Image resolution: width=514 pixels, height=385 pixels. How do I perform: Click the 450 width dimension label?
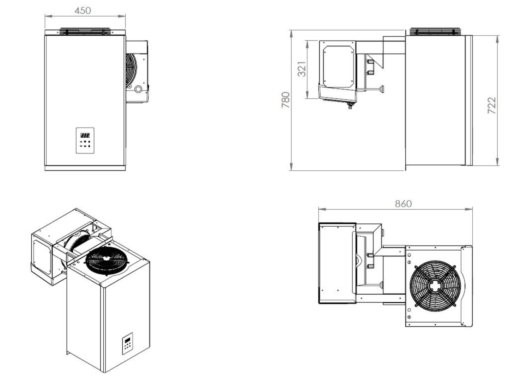(83, 11)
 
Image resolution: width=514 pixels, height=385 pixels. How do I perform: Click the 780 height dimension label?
(286, 100)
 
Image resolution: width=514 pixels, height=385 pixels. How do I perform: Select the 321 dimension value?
(302, 69)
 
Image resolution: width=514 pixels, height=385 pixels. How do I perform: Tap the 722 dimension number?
(492, 105)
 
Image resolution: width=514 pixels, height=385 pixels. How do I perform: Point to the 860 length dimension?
(403, 204)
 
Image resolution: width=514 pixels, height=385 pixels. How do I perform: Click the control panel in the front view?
(85, 140)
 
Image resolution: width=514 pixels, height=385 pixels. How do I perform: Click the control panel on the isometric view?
(127, 344)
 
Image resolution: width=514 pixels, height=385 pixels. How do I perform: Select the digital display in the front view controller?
(85, 135)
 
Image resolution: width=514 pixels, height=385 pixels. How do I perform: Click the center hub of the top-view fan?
(434, 286)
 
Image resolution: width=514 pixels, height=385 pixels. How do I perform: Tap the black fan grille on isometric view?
(106, 260)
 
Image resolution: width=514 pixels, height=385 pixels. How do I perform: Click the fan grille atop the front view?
(85, 31)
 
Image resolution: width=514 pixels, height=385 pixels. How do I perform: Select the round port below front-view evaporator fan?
(138, 89)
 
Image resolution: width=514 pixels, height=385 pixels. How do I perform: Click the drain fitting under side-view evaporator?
(350, 105)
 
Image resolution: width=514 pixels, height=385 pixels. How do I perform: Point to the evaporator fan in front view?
(131, 69)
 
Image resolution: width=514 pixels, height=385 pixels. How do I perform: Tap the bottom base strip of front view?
(85, 168)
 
